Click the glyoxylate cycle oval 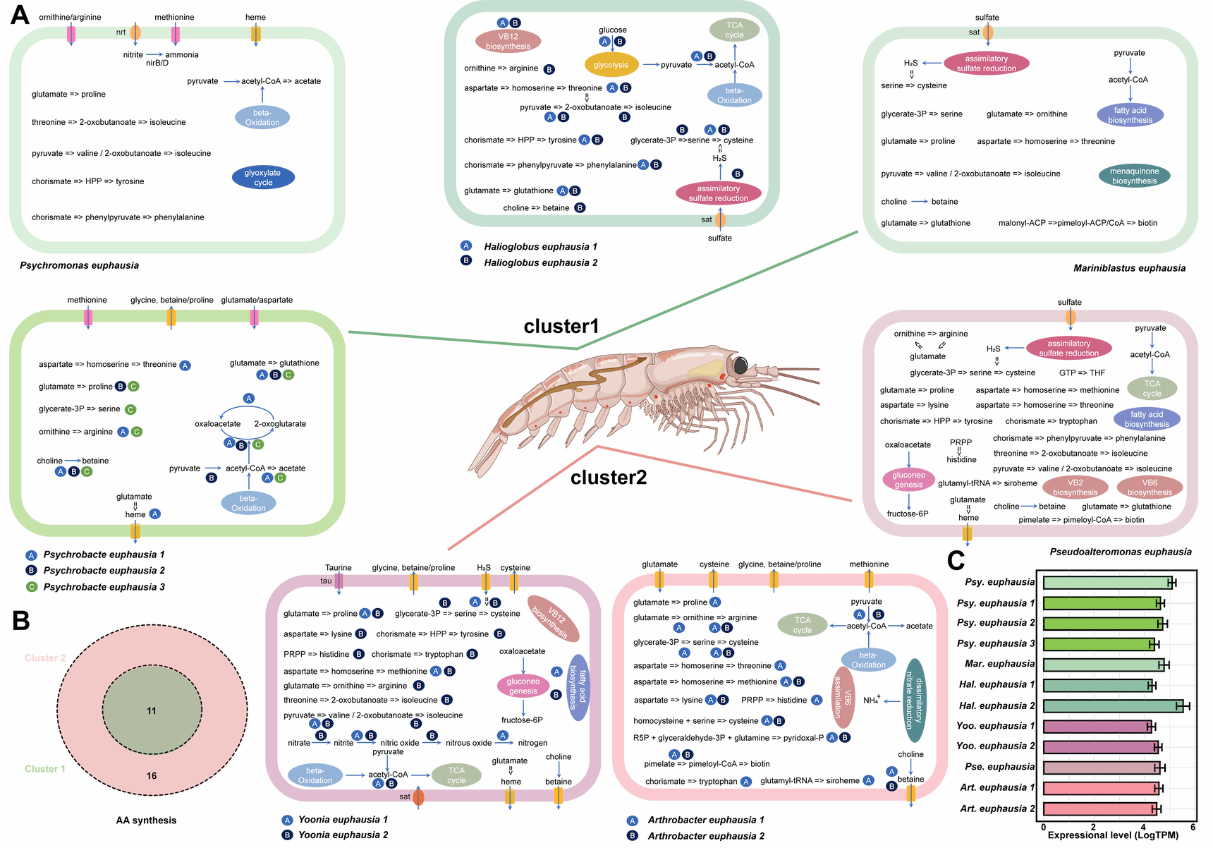pyautogui.click(x=263, y=177)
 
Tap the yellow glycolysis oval pyautogui.click(x=611, y=65)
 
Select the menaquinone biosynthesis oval pyautogui.click(x=1134, y=176)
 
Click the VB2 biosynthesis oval pyautogui.click(x=1075, y=487)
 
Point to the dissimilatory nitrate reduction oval pyautogui.click(x=914, y=701)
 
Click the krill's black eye pyautogui.click(x=740, y=365)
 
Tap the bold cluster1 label pyautogui.click(x=561, y=326)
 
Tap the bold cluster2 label pyautogui.click(x=608, y=478)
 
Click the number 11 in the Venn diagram pyautogui.click(x=152, y=710)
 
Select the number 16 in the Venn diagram pyautogui.click(x=152, y=775)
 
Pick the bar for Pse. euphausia pyautogui.click(x=1102, y=767)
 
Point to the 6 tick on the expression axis pyautogui.click(x=1193, y=827)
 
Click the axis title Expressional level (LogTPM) pyautogui.click(x=1113, y=835)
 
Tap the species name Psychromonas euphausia pyautogui.click(x=79, y=265)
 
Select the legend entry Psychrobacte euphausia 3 pyautogui.click(x=104, y=587)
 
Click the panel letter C pyautogui.click(x=956, y=560)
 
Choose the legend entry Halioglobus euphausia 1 pyautogui.click(x=540, y=246)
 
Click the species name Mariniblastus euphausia pyautogui.click(x=1129, y=268)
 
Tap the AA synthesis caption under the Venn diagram pyautogui.click(x=146, y=820)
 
